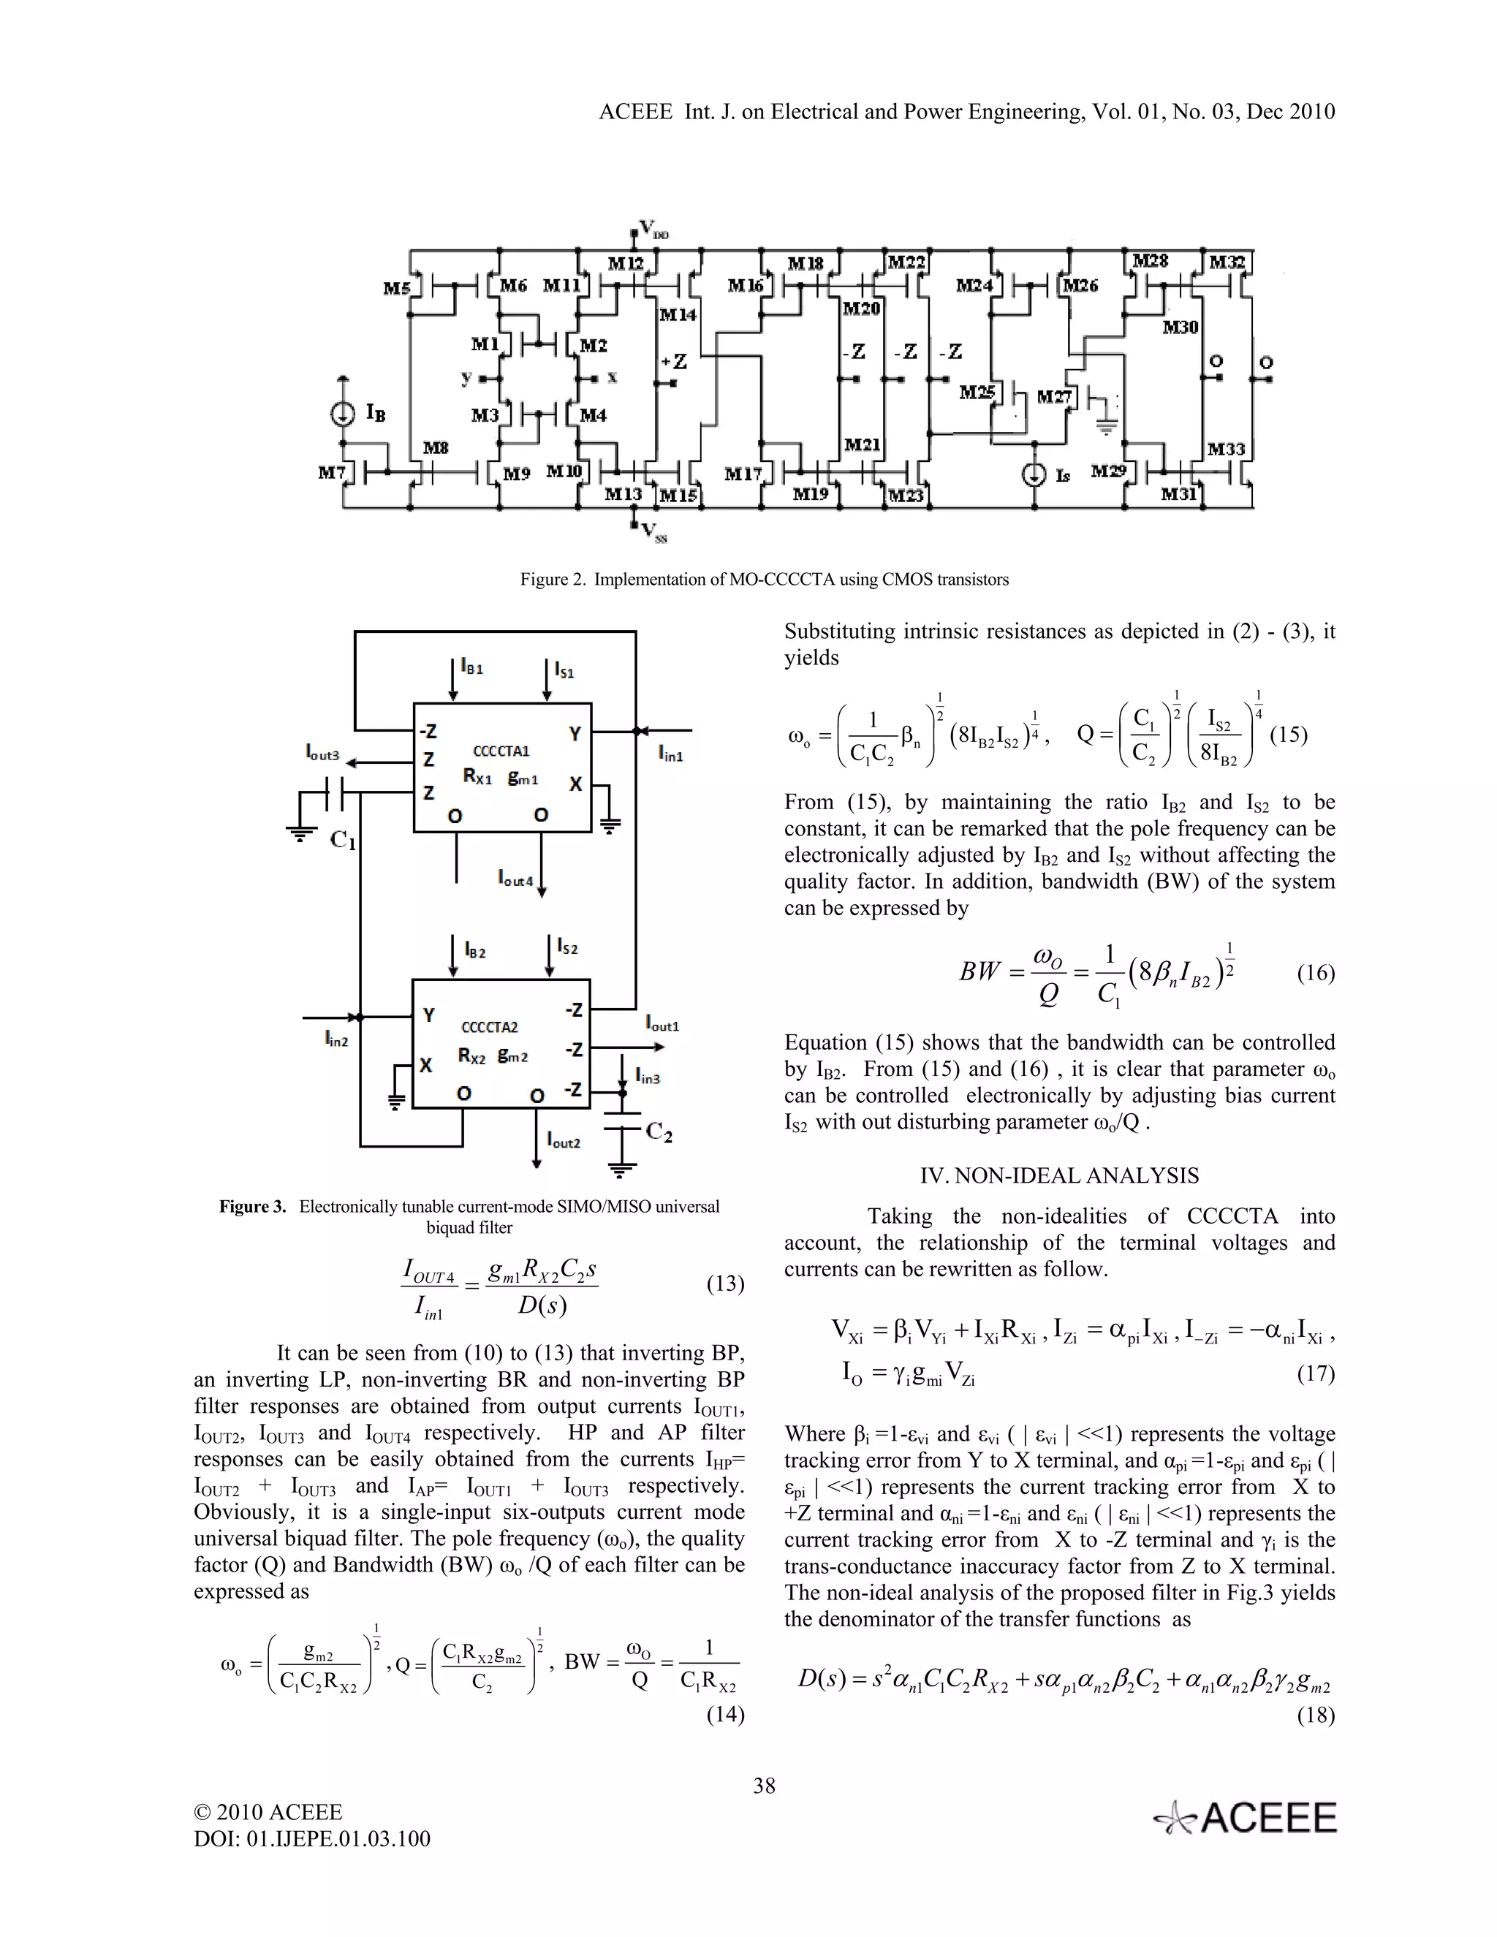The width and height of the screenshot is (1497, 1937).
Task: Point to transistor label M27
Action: point(1055,396)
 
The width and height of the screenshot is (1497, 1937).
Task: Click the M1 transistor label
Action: point(485,344)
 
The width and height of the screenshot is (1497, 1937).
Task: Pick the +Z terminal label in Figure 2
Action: point(674,361)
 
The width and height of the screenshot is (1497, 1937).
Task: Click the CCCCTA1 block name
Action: point(501,751)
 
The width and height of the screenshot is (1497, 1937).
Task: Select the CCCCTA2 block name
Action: point(490,1027)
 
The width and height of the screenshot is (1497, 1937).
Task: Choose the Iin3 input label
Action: point(648,1077)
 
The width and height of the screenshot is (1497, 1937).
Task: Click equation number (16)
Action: point(1315,974)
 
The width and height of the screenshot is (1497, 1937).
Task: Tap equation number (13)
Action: point(724,1284)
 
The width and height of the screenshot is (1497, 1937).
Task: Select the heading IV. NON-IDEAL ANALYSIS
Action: point(1059,1176)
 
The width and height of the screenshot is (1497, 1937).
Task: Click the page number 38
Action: point(765,1786)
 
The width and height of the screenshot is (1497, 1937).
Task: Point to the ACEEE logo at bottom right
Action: point(1245,1818)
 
